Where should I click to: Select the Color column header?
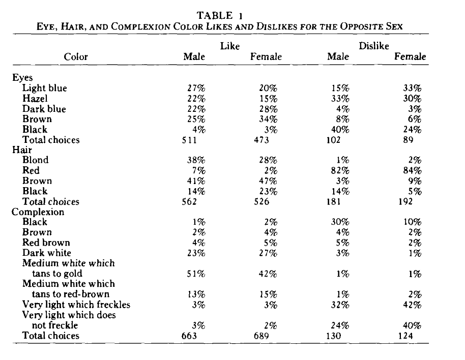(x=76, y=57)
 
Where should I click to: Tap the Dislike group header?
(x=374, y=46)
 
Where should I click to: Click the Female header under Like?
(x=266, y=57)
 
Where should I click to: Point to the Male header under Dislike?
(x=338, y=57)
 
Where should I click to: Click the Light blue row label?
(x=45, y=88)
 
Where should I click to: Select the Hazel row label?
(x=35, y=99)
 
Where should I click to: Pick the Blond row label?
(x=36, y=160)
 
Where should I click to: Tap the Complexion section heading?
(x=38, y=212)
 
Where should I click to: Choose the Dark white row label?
(x=47, y=253)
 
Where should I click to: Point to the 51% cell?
(x=196, y=274)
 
